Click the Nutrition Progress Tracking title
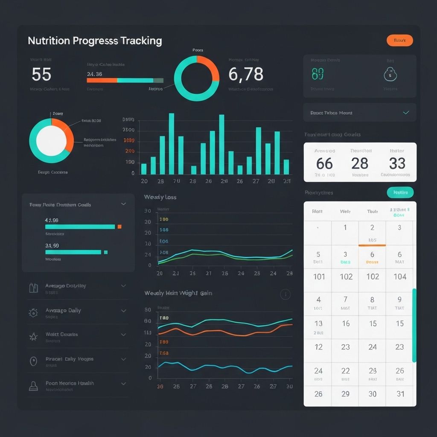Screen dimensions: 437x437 pyautogui.click(x=95, y=41)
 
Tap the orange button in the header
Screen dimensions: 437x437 pyautogui.click(x=399, y=41)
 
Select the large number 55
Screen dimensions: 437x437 pyautogui.click(x=41, y=75)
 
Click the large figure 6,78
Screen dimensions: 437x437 pyautogui.click(x=245, y=75)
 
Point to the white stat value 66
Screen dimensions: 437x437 pyautogui.click(x=324, y=163)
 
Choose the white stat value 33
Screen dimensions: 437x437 pyautogui.click(x=397, y=163)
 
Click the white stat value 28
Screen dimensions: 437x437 pyautogui.click(x=360, y=163)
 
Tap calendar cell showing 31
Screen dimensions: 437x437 pyautogui.click(x=400, y=394)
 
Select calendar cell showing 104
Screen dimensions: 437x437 pyautogui.click(x=400, y=277)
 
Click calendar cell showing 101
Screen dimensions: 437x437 pyautogui.click(x=319, y=277)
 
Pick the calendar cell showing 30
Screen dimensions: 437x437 pyautogui.click(x=373, y=394)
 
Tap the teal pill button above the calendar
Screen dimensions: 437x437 pyautogui.click(x=400, y=192)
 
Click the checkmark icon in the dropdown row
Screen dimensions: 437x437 pyautogui.click(x=406, y=113)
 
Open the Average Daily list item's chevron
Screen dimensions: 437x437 pyautogui.click(x=123, y=311)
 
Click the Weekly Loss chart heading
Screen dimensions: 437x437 pyautogui.click(x=160, y=197)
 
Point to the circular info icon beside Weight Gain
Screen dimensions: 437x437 pyautogui.click(x=285, y=294)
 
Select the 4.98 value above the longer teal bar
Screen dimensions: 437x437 pyautogui.click(x=52, y=220)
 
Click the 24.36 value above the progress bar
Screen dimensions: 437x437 pyautogui.click(x=94, y=74)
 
